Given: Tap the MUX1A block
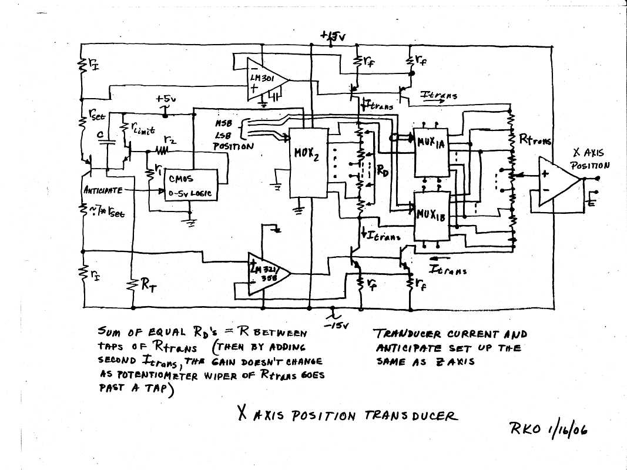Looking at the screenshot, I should pos(432,152).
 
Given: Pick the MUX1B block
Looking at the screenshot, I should pos(432,214).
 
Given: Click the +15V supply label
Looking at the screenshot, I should pos(333,36).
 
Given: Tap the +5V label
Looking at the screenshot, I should pos(166,99).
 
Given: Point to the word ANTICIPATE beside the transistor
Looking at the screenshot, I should pos(103,190).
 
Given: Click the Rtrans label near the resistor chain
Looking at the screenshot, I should pos(535,140).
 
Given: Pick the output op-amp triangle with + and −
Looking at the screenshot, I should pos(556,182).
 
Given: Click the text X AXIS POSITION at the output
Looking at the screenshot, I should pos(590,159).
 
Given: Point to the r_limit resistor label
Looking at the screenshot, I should pos(141,131).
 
